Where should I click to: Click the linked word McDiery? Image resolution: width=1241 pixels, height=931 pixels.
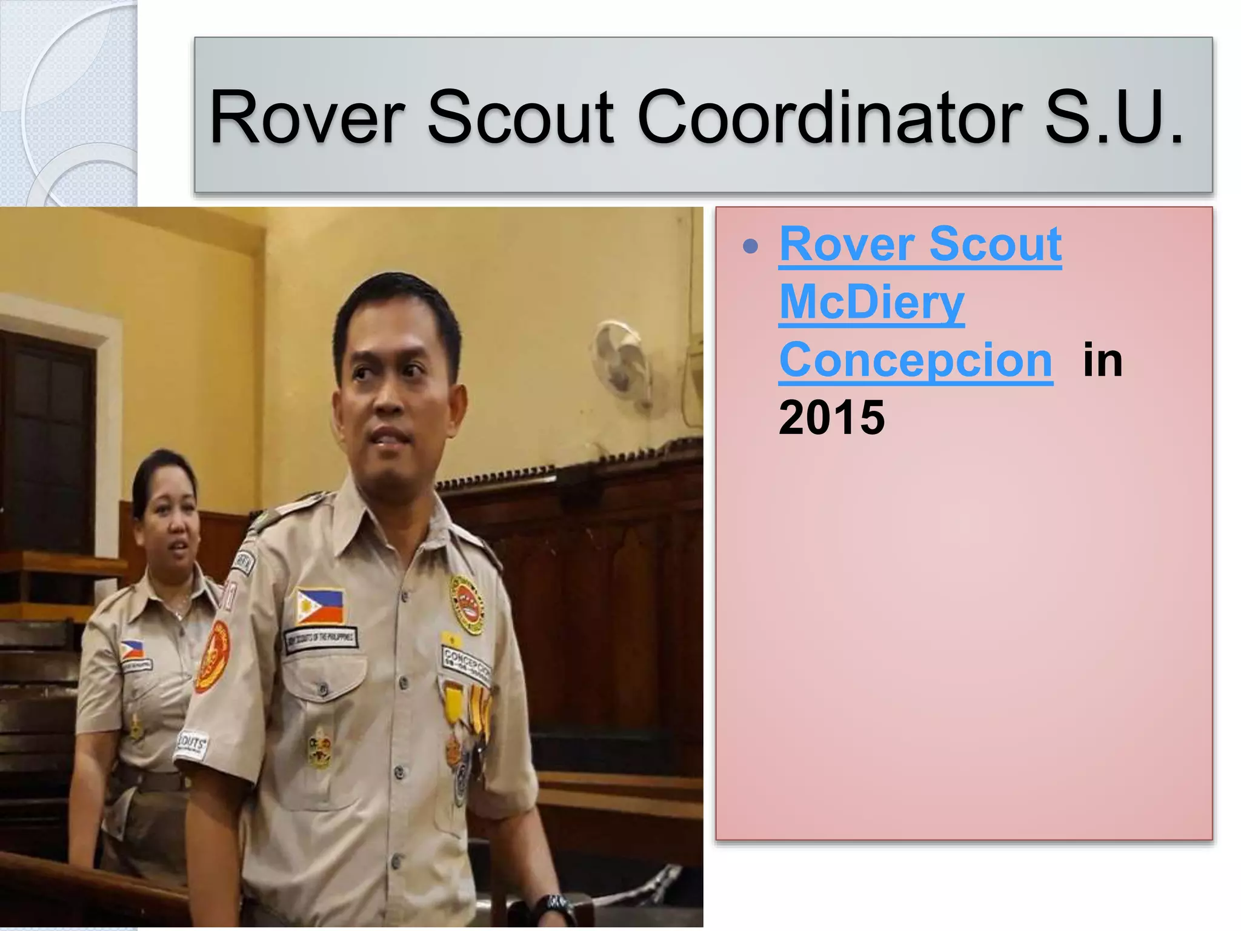871,302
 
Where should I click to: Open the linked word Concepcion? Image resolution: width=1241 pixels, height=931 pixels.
916,360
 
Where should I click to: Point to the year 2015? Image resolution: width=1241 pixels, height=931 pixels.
831,418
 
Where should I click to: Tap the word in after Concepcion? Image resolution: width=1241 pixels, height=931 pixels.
1102,360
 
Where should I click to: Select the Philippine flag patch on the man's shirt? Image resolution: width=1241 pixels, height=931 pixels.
320,606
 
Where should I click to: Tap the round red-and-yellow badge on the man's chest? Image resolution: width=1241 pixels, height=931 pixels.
467,604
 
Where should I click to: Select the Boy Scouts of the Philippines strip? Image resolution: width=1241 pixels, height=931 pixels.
321,639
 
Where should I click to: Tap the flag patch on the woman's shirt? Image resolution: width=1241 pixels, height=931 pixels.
132,650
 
